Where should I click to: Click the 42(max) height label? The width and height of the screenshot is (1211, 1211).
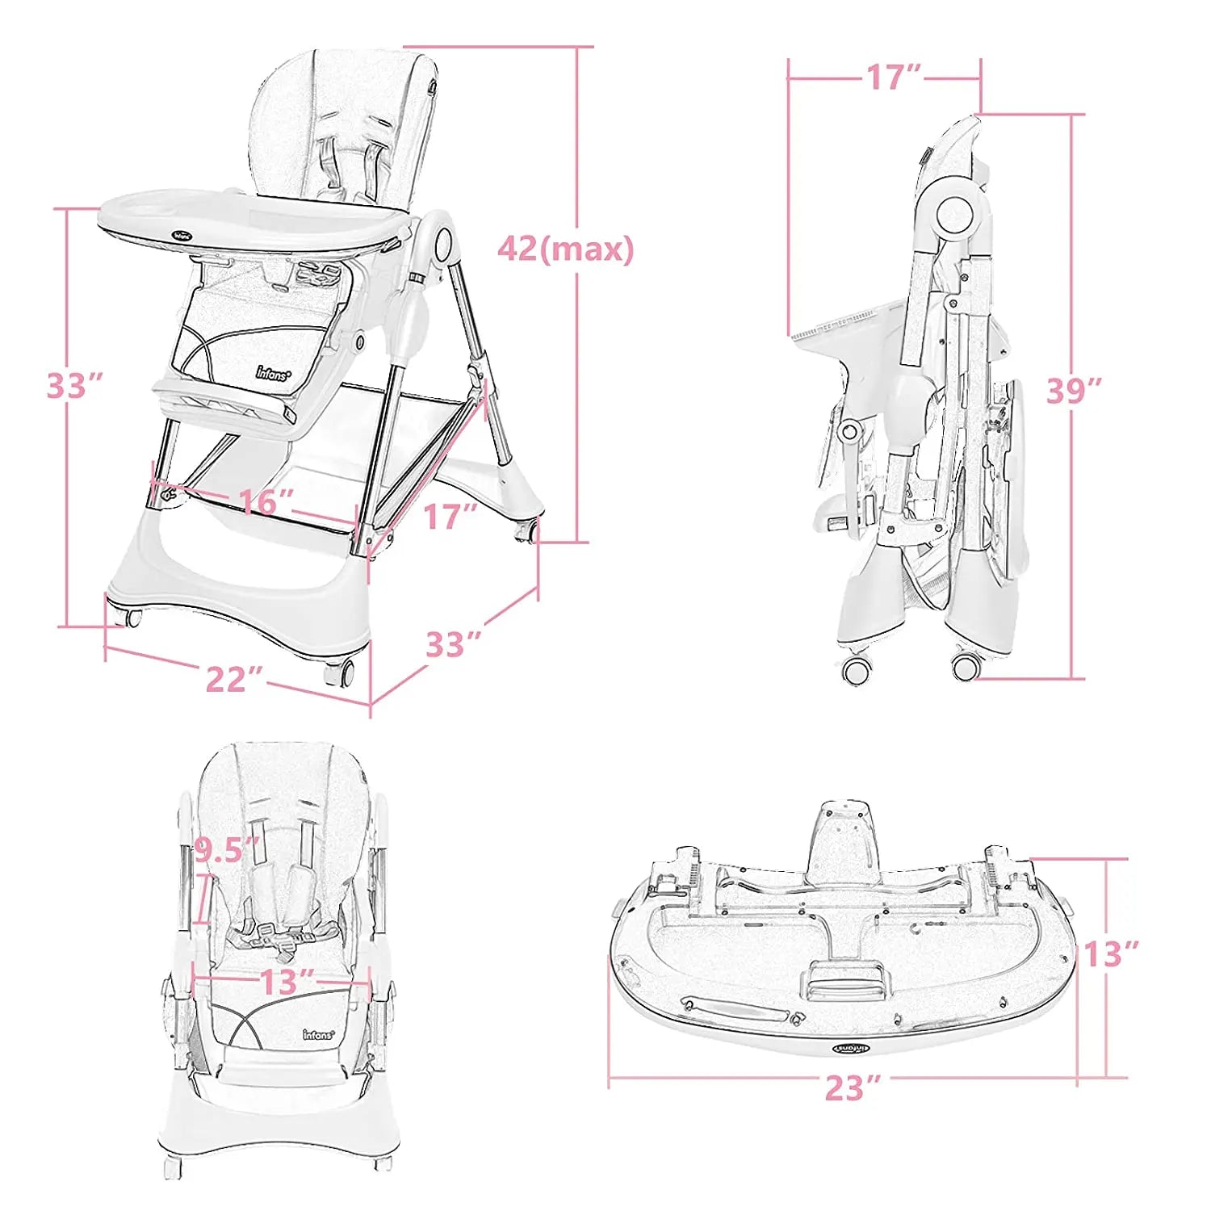(565, 249)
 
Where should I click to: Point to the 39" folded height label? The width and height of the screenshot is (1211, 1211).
(1075, 391)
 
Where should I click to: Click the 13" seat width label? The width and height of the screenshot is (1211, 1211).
(287, 982)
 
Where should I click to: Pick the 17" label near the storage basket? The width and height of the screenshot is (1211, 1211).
(450, 517)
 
